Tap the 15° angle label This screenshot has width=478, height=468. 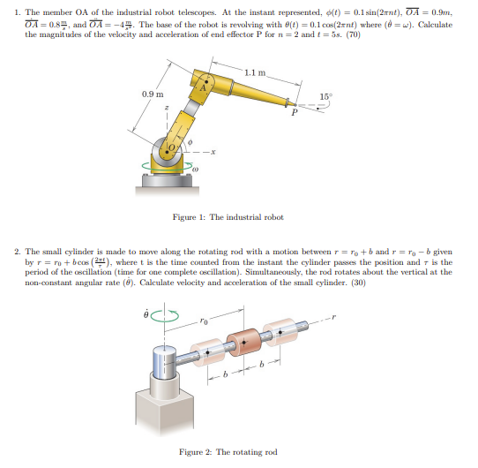click(325, 94)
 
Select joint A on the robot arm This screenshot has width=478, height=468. click(202, 86)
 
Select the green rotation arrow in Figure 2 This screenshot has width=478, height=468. click(167, 314)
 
